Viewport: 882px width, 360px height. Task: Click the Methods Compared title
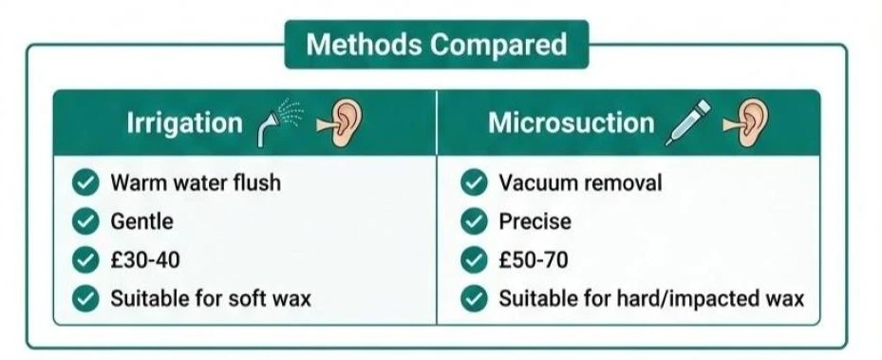click(x=436, y=45)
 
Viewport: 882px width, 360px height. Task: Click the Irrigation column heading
click(x=184, y=123)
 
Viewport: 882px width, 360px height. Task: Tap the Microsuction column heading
click(x=571, y=123)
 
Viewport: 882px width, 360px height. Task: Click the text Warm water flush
click(x=195, y=181)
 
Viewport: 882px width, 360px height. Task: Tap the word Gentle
click(x=141, y=221)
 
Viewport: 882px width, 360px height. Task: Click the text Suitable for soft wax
click(x=210, y=298)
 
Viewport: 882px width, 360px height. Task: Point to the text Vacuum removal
click(x=580, y=181)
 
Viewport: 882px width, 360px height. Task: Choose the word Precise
click(x=535, y=221)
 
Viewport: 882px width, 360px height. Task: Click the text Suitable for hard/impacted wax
click(x=651, y=298)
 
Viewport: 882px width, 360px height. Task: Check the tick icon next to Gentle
click(x=86, y=221)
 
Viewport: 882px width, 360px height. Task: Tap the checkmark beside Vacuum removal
click(x=474, y=181)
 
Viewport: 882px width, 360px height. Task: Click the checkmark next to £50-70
click(x=474, y=260)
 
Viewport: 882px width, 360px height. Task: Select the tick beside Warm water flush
click(x=86, y=181)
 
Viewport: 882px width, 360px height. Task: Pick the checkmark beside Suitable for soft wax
click(x=86, y=298)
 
